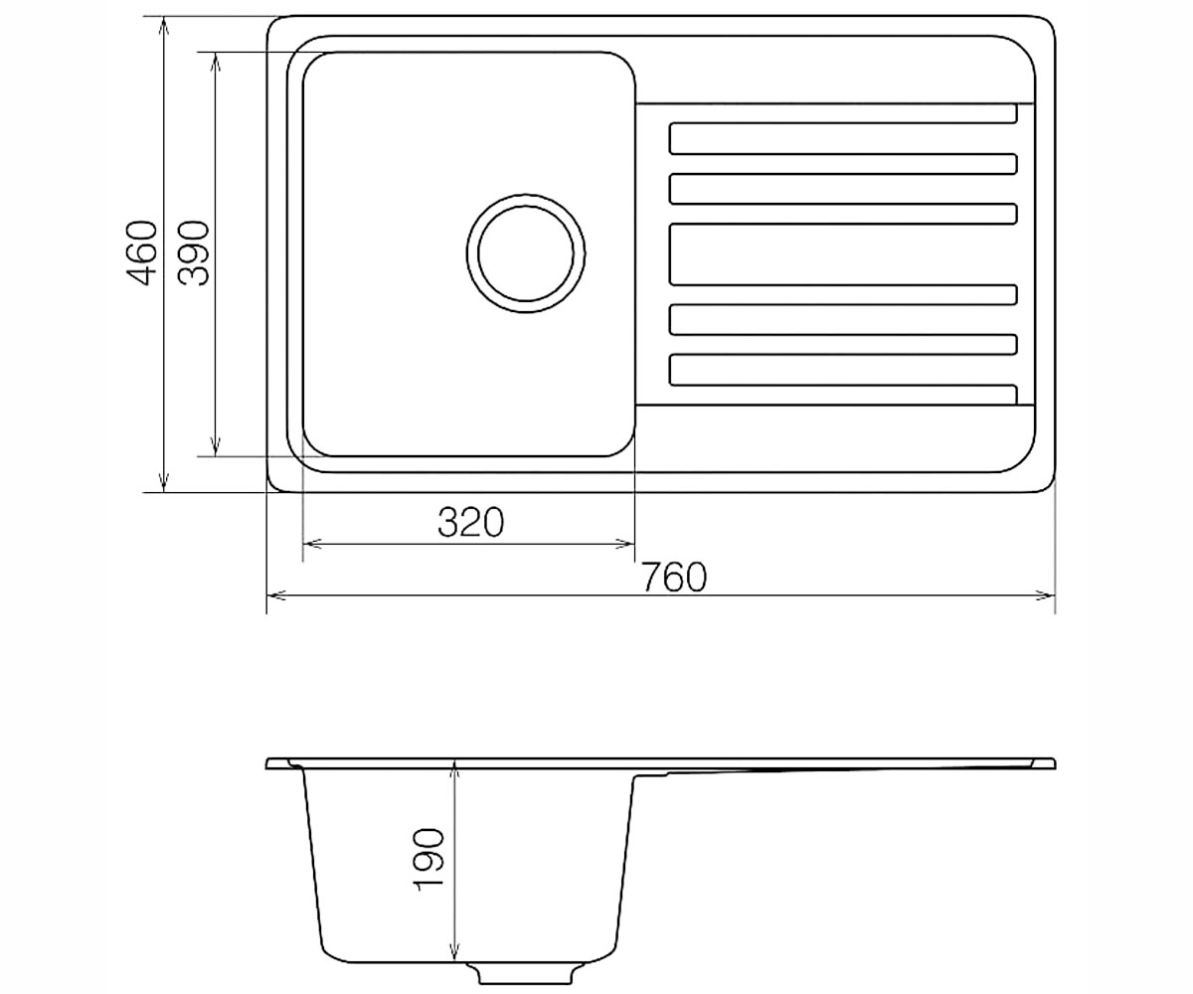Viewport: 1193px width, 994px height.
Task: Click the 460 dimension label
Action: pyautogui.click(x=141, y=253)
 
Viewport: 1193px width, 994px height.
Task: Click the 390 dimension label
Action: pyautogui.click(x=193, y=253)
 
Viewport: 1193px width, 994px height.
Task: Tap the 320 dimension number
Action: pyautogui.click(x=471, y=522)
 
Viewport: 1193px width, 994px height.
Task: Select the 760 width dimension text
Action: pyautogui.click(x=674, y=577)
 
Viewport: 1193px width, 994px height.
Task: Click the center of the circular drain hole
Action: pyautogui.click(x=526, y=253)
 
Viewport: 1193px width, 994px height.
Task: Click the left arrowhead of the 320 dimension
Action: pyautogui.click(x=311, y=544)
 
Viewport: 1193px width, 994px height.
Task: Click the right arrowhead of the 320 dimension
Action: pyautogui.click(x=625, y=544)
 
